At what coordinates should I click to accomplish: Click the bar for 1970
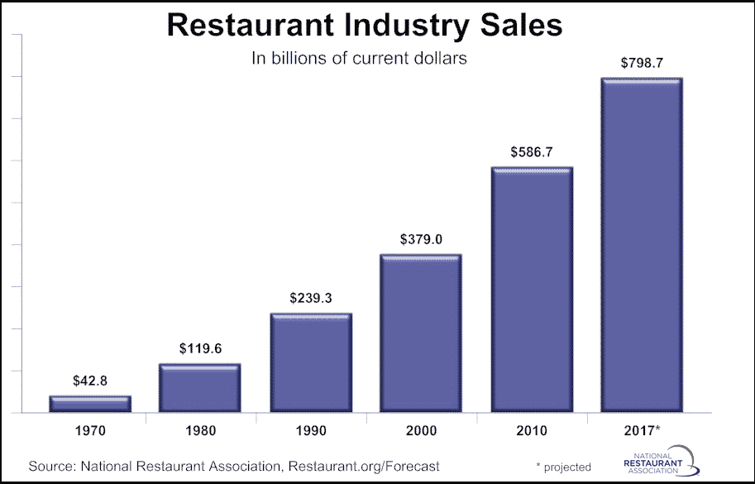click(90, 404)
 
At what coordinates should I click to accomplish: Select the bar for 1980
click(200, 388)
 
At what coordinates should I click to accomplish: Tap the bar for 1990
click(311, 362)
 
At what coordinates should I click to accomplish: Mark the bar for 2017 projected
click(642, 245)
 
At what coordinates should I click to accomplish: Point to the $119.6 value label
click(200, 349)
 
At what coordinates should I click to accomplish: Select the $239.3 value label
click(311, 299)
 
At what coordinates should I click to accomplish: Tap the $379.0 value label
click(421, 240)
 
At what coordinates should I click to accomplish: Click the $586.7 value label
click(532, 152)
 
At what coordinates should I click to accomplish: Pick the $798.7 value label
click(642, 64)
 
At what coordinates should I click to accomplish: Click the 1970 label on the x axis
click(90, 431)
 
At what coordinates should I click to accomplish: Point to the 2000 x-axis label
click(421, 431)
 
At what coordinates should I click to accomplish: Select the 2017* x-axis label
click(643, 431)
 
